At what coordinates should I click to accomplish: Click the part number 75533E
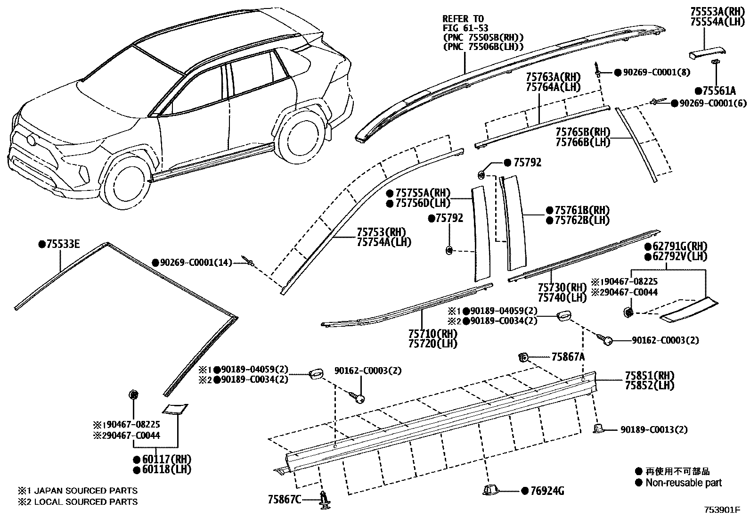coord(63,244)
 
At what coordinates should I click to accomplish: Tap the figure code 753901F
coord(722,510)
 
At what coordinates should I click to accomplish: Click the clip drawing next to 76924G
coord(491,490)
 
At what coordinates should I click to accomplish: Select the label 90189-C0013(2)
coord(654,429)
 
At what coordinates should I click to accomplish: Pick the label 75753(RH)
coord(381,232)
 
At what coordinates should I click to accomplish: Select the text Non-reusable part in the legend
coord(683,483)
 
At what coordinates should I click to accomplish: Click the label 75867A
coord(568,357)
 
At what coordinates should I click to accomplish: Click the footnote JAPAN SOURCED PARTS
coord(85,491)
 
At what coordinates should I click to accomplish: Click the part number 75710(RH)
coord(433,333)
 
